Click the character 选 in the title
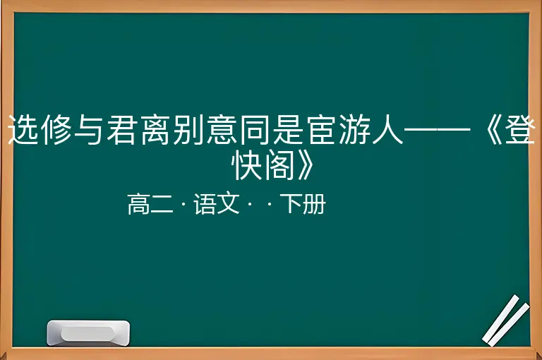[23, 130]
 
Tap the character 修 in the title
[56, 130]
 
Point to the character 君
[122, 130]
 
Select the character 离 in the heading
[155, 130]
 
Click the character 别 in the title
[188, 130]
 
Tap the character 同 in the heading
[255, 130]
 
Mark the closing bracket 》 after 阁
[306, 166]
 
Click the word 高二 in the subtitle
[150, 204]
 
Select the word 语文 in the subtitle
[217, 204]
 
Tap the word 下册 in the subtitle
[303, 204]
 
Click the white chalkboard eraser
[88, 332]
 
